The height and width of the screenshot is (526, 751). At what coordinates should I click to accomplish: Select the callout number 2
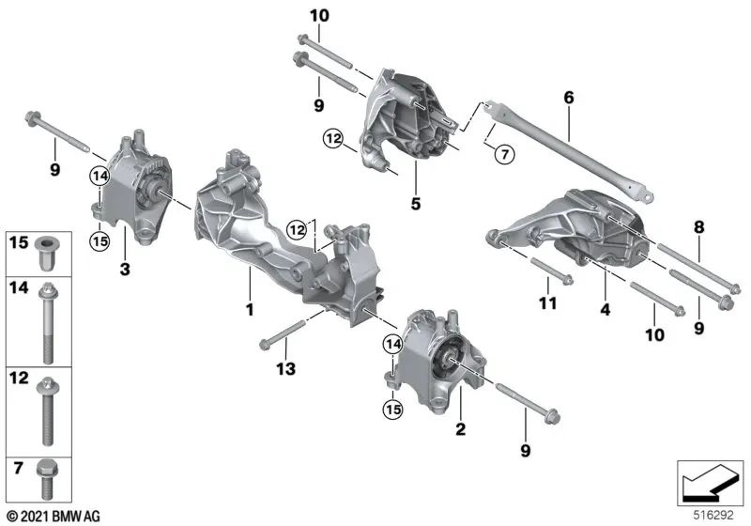(x=461, y=430)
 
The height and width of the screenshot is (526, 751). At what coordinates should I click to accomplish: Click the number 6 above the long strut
(x=568, y=97)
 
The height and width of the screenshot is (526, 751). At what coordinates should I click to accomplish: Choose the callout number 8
(x=697, y=226)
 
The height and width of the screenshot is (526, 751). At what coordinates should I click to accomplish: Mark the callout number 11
(x=547, y=303)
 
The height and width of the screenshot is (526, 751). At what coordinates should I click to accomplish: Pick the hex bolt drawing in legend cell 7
(x=46, y=475)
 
